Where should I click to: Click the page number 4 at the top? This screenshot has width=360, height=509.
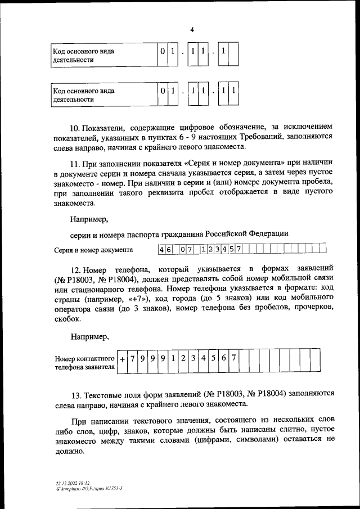(x=192, y=29)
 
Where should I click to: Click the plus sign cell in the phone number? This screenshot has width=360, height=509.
(x=121, y=358)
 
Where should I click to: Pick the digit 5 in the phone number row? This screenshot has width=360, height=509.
(x=213, y=358)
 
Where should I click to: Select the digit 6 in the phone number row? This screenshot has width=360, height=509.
(x=223, y=358)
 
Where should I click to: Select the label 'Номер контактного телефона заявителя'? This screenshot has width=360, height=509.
(x=85, y=363)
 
